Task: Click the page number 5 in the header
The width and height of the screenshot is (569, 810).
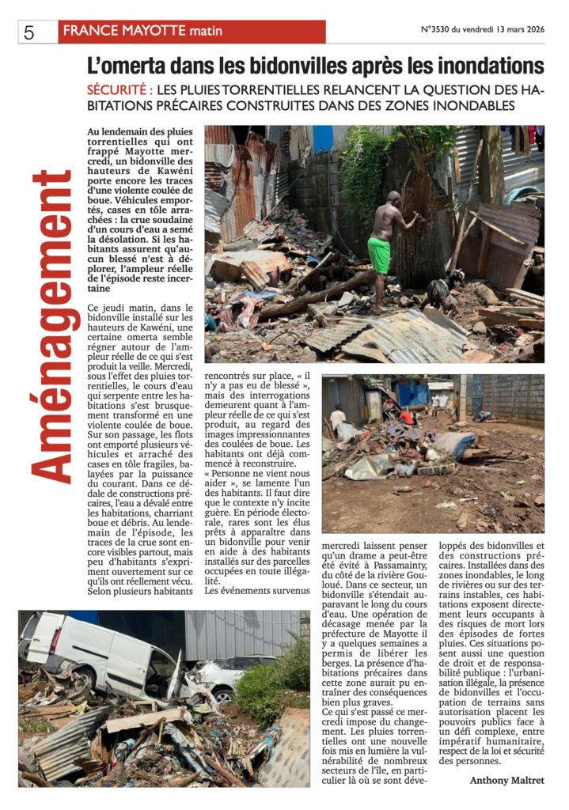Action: (28, 32)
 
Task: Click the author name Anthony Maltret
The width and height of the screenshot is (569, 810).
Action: (506, 780)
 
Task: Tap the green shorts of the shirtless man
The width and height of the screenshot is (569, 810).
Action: (380, 255)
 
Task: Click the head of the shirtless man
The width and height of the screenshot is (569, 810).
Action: (393, 197)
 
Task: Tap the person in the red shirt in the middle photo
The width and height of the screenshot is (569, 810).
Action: (407, 417)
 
